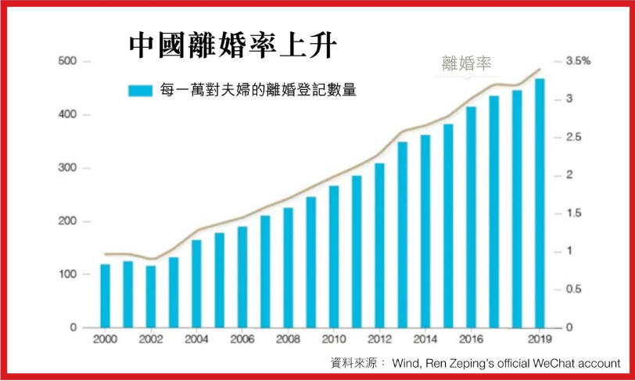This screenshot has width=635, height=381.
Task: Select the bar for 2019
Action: point(540,203)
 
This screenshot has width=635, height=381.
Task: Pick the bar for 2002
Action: point(150,297)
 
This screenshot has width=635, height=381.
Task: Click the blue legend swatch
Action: point(140,90)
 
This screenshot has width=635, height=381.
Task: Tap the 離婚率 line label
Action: point(467,64)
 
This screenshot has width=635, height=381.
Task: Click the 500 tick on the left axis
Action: point(67,62)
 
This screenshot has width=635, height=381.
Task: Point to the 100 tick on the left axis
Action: point(67,275)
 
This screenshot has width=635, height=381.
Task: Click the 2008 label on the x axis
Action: point(288,340)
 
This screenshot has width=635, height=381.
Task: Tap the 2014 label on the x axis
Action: point(425,340)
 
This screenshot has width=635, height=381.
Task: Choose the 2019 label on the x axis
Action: point(540,340)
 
